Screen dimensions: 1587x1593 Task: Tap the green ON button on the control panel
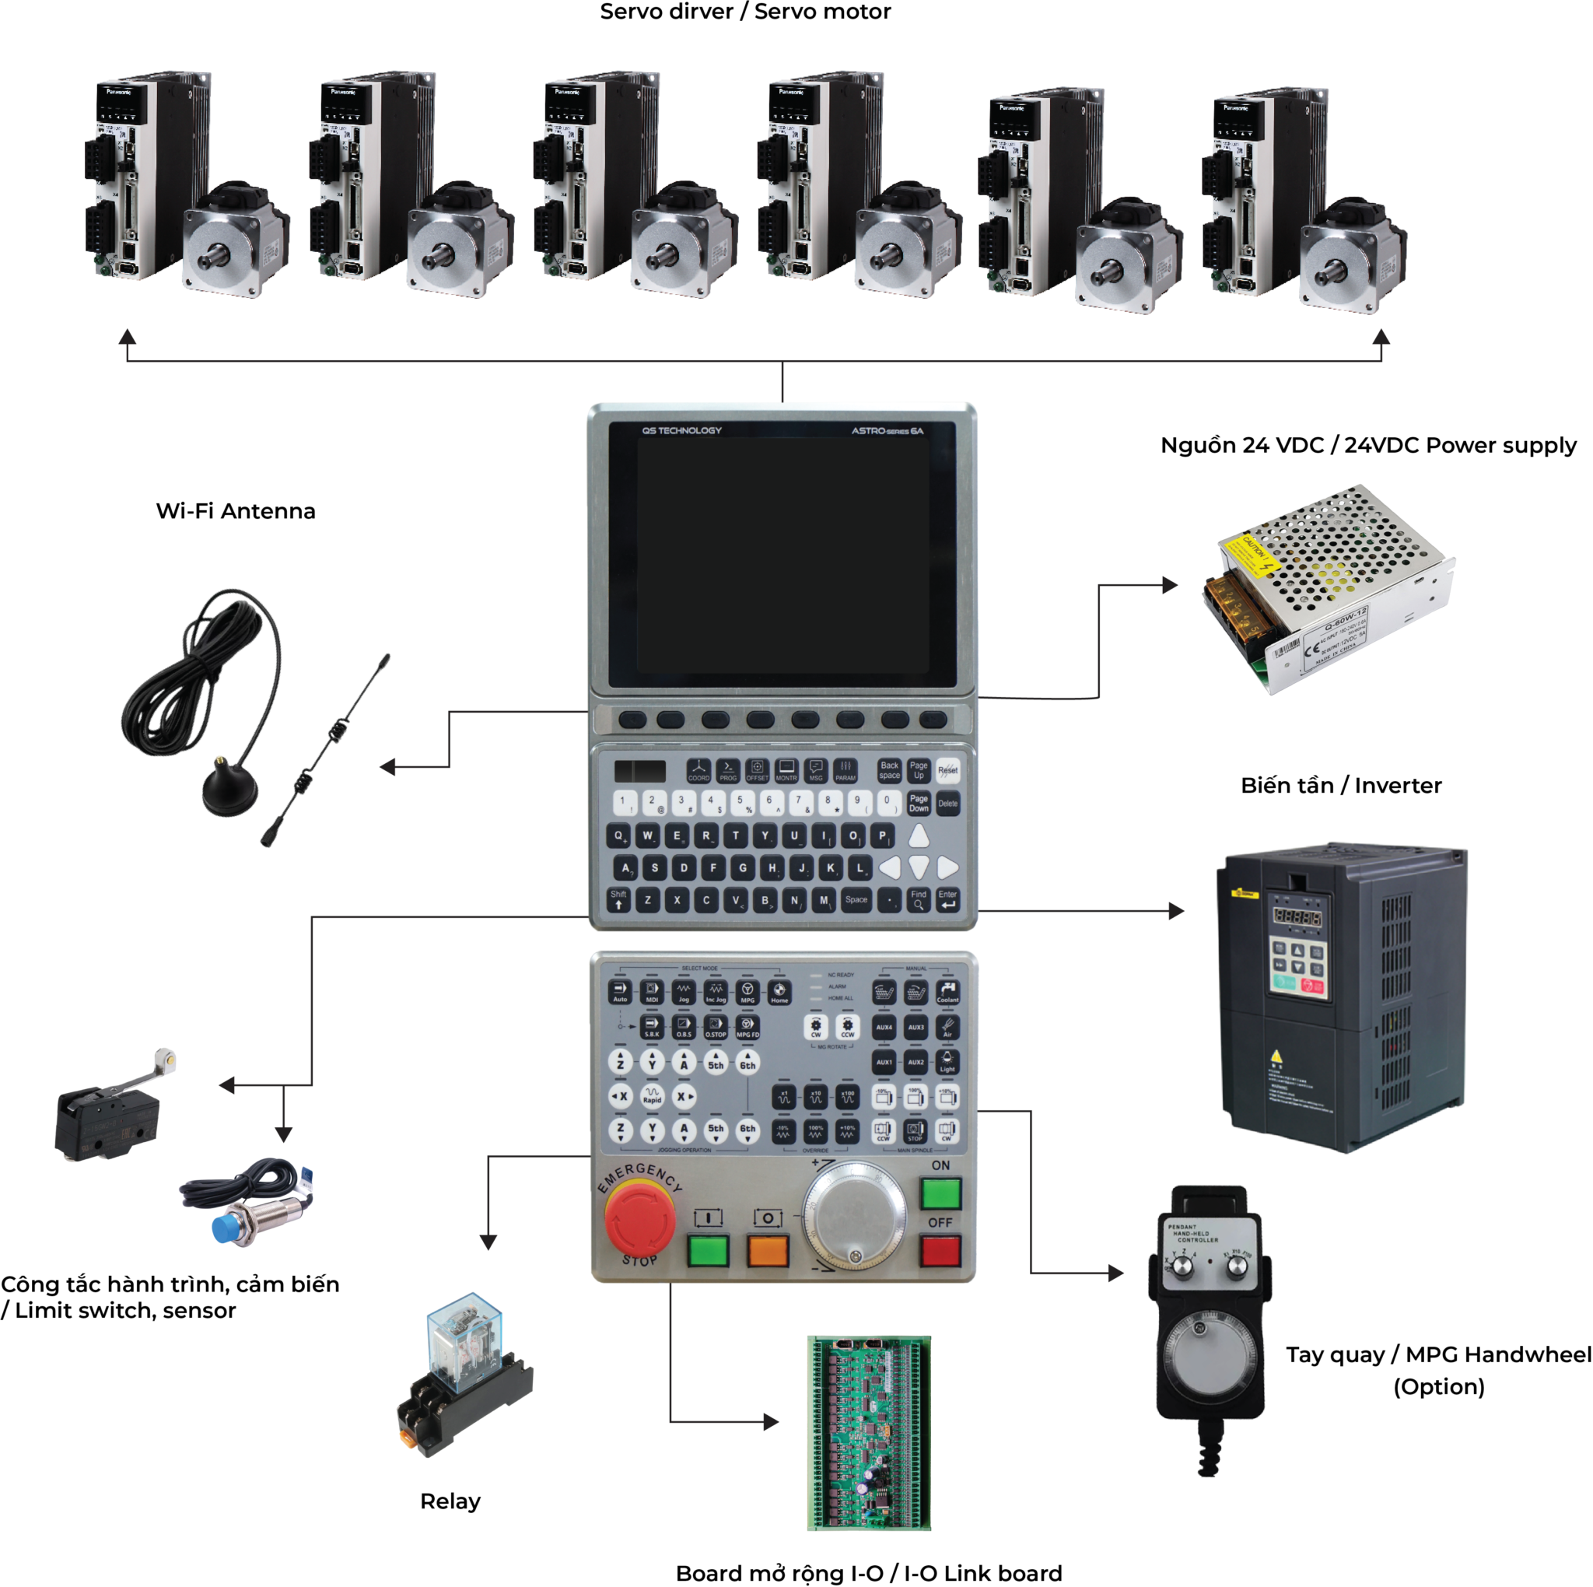click(x=941, y=1193)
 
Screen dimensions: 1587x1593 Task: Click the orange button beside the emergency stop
click(x=768, y=1250)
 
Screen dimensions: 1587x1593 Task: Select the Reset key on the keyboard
click(x=947, y=770)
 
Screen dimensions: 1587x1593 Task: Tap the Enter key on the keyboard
click(x=947, y=900)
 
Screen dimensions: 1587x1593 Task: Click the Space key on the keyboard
click(x=856, y=900)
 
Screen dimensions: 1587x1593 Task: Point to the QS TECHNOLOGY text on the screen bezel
click(x=681, y=430)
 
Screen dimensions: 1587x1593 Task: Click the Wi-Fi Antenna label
click(x=236, y=511)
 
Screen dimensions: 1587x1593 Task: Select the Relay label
click(x=450, y=1501)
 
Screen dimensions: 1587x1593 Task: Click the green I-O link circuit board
click(x=869, y=1433)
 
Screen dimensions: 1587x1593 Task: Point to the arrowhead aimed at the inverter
click(x=1177, y=912)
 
